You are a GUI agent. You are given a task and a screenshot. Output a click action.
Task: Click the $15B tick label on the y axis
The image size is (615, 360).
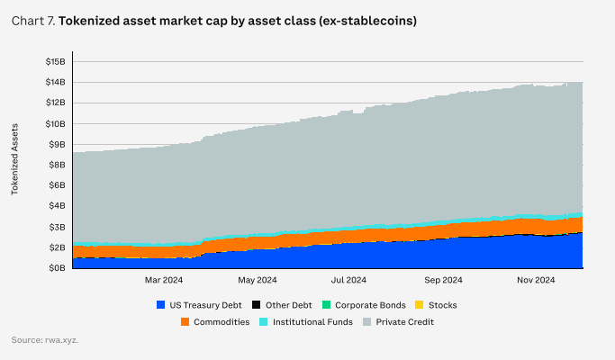(x=55, y=61)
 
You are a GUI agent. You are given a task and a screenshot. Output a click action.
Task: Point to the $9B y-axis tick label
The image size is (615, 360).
(x=57, y=144)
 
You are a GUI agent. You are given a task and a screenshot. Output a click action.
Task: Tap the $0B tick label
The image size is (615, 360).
(x=57, y=268)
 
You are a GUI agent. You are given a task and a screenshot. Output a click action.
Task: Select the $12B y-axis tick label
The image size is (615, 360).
(x=55, y=103)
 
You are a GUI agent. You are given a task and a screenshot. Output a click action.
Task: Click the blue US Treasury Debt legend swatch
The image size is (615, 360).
(x=161, y=305)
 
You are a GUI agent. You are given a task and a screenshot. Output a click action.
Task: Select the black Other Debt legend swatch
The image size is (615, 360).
(x=257, y=305)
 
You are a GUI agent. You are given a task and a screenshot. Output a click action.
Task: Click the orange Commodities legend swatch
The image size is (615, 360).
(x=185, y=321)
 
